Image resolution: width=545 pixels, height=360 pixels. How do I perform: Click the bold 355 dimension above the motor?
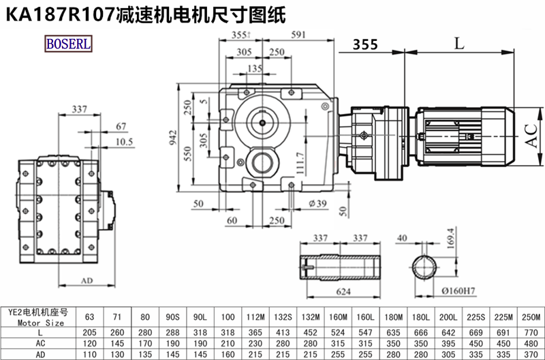point(365,45)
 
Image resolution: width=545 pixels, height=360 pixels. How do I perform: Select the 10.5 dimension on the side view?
point(123,142)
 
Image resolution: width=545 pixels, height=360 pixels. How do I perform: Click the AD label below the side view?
point(87,280)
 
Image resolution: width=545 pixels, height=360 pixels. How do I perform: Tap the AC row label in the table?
point(41,343)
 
